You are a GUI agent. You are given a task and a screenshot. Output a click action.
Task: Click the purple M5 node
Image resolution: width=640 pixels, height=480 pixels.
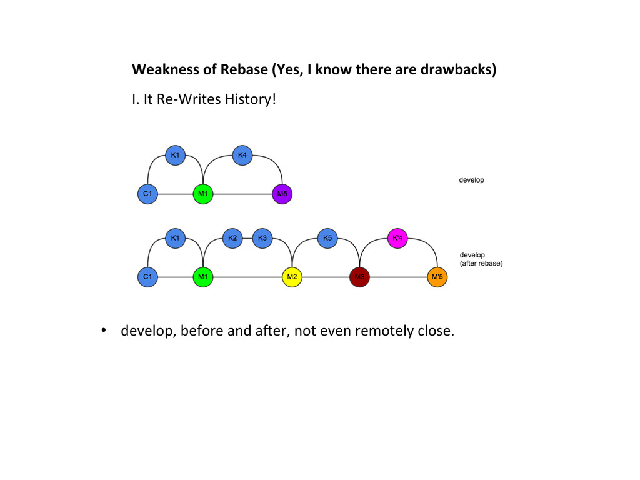coord(282,194)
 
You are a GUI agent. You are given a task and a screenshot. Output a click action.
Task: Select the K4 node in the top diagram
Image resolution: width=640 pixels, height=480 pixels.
coord(242,154)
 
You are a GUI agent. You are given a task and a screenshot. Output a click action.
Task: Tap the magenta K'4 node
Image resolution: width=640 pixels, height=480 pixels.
coord(397,238)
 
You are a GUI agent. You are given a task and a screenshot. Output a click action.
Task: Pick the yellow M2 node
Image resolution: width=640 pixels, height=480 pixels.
coord(292,277)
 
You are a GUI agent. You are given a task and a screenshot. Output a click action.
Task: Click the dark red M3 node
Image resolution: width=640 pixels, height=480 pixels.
coord(359,277)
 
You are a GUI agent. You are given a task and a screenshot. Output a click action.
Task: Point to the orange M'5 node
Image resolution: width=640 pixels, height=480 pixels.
coord(437,277)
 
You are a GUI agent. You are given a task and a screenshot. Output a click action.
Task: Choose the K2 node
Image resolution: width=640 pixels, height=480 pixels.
coord(232,238)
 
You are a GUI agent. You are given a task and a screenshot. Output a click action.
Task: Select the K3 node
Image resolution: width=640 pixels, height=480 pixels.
coord(262,238)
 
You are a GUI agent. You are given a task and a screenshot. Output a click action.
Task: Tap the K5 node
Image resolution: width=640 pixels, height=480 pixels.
coord(327,238)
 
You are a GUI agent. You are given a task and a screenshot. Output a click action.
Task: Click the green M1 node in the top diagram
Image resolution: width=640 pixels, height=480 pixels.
coord(203,194)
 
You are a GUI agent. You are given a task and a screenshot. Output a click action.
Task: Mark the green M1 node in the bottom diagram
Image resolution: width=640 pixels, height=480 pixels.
coord(202,277)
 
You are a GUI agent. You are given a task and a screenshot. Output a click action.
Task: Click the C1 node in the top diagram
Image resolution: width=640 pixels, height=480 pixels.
coord(147,194)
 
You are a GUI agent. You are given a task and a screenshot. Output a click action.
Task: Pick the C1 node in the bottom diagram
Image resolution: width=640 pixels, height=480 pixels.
coord(147,277)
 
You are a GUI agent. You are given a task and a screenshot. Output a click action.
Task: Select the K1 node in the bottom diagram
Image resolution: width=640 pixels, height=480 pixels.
coord(175,238)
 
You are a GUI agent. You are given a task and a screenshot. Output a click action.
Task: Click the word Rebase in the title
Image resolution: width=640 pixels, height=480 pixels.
coord(244,69)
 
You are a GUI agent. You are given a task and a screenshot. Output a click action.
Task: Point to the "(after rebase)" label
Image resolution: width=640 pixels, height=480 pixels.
coord(481,264)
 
